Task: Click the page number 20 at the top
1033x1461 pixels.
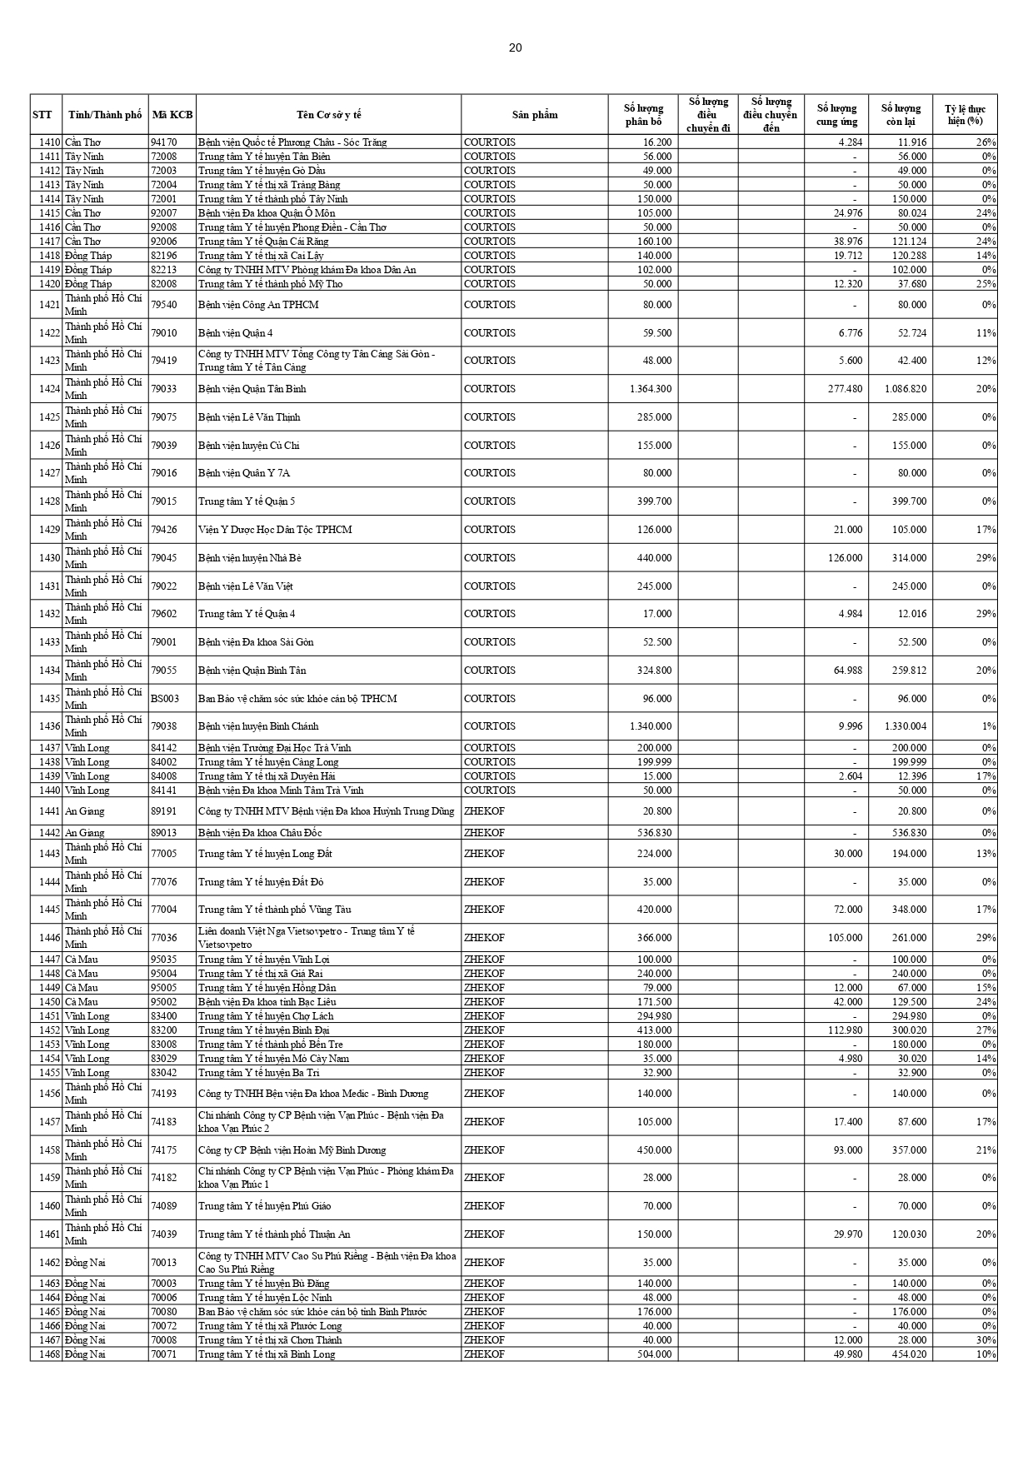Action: tap(516, 47)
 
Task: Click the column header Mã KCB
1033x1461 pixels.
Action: tap(172, 115)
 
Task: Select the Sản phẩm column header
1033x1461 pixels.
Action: tap(535, 115)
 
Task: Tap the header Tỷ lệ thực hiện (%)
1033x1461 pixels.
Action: tap(965, 115)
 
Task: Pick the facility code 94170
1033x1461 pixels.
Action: tap(163, 142)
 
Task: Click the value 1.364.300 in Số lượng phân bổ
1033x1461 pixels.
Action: tap(651, 389)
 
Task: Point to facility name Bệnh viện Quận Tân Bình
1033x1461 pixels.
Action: tap(252, 389)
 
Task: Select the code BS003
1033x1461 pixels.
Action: tap(164, 699)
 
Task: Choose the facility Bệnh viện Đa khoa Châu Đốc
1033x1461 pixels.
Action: tap(260, 833)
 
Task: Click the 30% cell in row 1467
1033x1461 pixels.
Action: tap(986, 1340)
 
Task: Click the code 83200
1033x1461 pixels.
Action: tap(163, 1030)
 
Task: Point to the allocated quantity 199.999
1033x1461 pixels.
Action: tap(654, 762)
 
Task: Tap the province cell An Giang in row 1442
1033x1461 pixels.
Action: tap(85, 833)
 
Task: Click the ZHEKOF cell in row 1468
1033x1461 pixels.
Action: tap(484, 1354)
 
